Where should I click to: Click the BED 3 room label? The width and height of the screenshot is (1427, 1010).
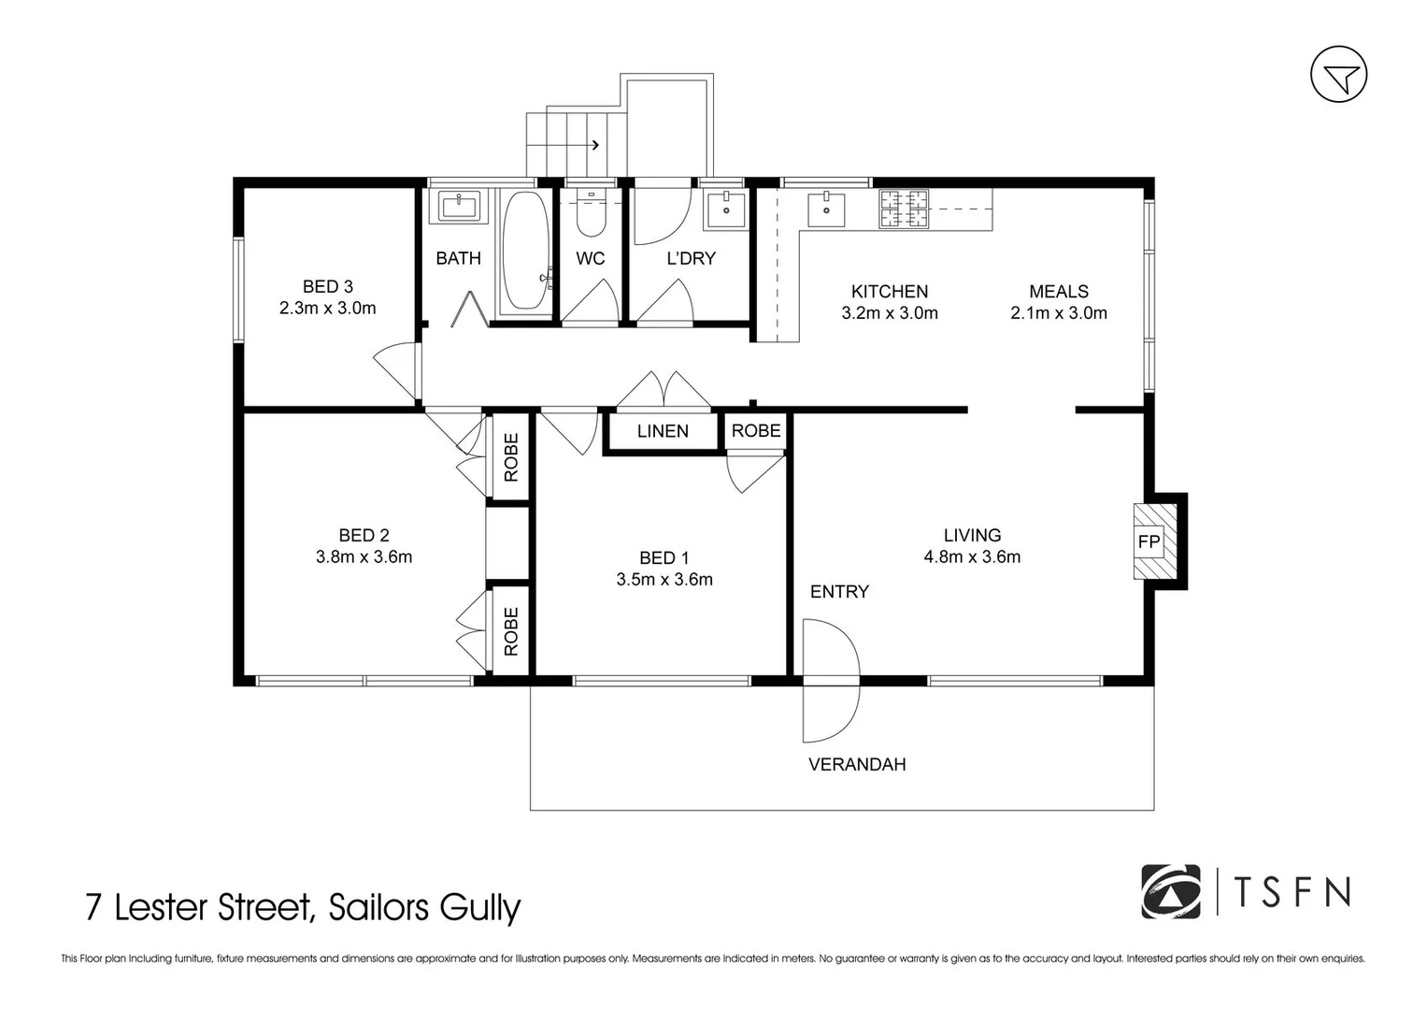pyautogui.click(x=327, y=286)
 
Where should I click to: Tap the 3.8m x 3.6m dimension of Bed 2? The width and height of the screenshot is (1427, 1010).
pyautogui.click(x=364, y=557)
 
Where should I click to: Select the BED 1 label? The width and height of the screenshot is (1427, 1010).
pyautogui.click(x=664, y=558)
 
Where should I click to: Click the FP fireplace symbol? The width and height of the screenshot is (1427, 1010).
pyautogui.click(x=1149, y=541)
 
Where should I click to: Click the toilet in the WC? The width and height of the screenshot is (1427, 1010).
pyautogui.click(x=591, y=216)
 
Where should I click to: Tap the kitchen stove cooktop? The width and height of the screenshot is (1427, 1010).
pyautogui.click(x=904, y=209)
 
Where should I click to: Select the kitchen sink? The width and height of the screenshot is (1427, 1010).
pyautogui.click(x=825, y=209)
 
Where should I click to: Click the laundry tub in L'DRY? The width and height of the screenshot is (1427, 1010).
pyautogui.click(x=725, y=209)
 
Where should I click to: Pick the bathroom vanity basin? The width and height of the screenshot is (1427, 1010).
pyautogui.click(x=459, y=205)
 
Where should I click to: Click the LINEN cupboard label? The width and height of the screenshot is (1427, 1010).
pyautogui.click(x=663, y=431)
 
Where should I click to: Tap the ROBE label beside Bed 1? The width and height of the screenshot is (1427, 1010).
pyautogui.click(x=755, y=431)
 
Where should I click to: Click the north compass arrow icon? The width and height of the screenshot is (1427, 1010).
pyautogui.click(x=1338, y=75)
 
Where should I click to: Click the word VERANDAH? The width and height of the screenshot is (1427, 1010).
pyautogui.click(x=856, y=765)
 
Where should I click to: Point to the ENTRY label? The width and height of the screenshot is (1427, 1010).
pyautogui.click(x=838, y=592)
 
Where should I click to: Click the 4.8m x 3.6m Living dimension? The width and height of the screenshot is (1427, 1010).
pyautogui.click(x=972, y=557)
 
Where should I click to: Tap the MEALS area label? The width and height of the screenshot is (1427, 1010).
pyautogui.click(x=1058, y=292)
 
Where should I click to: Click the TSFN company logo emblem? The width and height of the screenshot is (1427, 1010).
pyautogui.click(x=1170, y=891)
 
